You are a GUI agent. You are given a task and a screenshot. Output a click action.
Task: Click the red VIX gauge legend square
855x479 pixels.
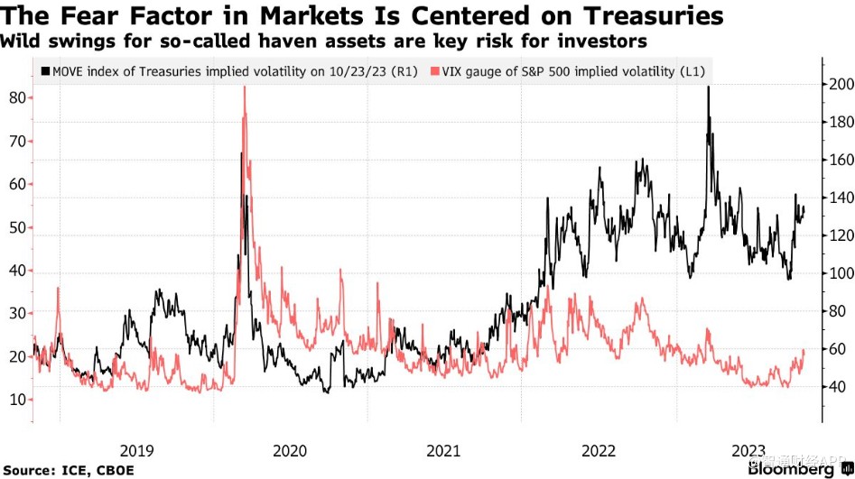coord(437,70)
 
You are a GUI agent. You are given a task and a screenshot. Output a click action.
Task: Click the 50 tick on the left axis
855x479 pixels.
coord(17,226)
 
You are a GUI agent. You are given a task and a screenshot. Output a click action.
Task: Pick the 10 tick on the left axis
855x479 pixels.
coord(17,400)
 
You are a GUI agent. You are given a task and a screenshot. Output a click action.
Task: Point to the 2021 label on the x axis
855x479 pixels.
coord(443,450)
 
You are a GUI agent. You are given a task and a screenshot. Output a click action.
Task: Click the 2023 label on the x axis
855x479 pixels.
coord(750,450)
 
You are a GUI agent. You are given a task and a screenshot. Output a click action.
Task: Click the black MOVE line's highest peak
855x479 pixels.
coord(708,87)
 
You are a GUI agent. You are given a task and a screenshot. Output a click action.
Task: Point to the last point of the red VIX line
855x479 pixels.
coord(804,350)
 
